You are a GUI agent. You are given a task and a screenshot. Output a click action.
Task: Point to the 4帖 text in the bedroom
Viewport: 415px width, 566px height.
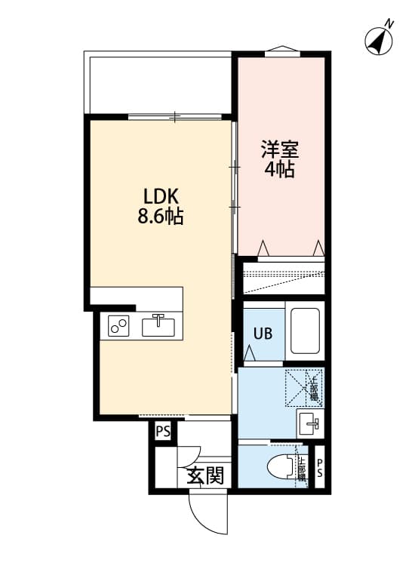pyautogui.click(x=280, y=170)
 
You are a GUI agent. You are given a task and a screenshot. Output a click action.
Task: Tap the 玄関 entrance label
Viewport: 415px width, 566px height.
pyautogui.click(x=204, y=475)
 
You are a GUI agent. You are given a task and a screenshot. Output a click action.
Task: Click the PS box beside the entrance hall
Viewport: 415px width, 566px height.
pyautogui.click(x=162, y=432)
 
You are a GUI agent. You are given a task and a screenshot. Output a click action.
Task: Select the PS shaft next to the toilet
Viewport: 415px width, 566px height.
pyautogui.click(x=319, y=469)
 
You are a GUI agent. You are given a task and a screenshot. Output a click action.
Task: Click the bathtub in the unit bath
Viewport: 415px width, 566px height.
pyautogui.click(x=306, y=333)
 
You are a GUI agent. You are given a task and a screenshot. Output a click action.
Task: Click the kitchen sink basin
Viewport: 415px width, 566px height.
pyautogui.click(x=158, y=326)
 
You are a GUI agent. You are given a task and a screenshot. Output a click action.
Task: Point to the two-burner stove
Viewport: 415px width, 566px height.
pyautogui.click(x=119, y=326)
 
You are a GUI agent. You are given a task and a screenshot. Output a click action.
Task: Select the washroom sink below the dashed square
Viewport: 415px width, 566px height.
pyautogui.click(x=309, y=423)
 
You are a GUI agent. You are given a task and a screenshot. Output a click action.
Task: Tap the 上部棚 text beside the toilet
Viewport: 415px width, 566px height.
pyautogui.click(x=301, y=469)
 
